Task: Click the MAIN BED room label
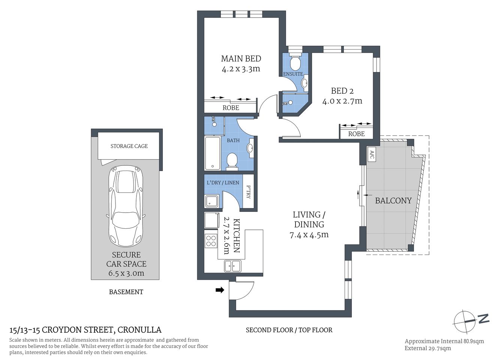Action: (x=241, y=58)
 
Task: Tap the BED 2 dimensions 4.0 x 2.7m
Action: (x=342, y=101)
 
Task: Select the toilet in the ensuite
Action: (x=296, y=62)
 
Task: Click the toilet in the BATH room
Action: (x=232, y=162)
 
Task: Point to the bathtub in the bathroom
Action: (x=212, y=153)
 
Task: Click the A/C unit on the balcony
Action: (x=371, y=154)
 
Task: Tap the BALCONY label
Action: (x=393, y=201)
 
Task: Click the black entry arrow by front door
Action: (x=220, y=289)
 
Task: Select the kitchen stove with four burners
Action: (x=211, y=240)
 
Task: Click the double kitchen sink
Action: (x=233, y=266)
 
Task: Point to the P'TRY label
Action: (x=248, y=192)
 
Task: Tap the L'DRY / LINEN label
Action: (x=223, y=183)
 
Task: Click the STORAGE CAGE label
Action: (x=129, y=146)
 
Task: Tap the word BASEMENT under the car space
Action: (x=126, y=292)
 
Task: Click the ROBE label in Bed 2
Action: (x=356, y=134)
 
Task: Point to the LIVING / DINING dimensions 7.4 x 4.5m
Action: (x=309, y=235)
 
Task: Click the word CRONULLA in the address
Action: (x=139, y=330)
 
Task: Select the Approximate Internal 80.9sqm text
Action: (x=444, y=341)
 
